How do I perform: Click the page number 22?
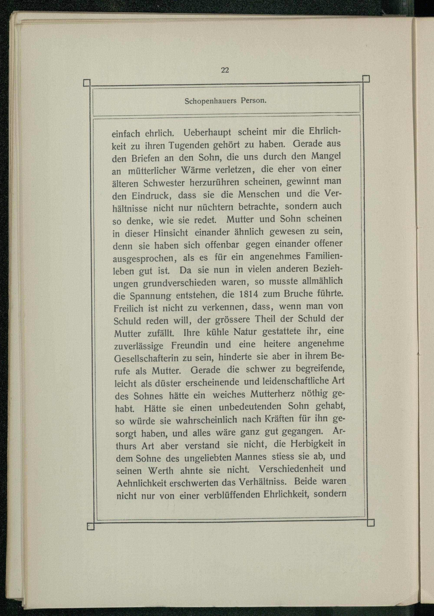[x=225, y=70]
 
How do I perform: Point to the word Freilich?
[x=128, y=309]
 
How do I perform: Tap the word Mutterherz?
[x=272, y=394]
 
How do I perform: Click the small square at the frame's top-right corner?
[x=366, y=79]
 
